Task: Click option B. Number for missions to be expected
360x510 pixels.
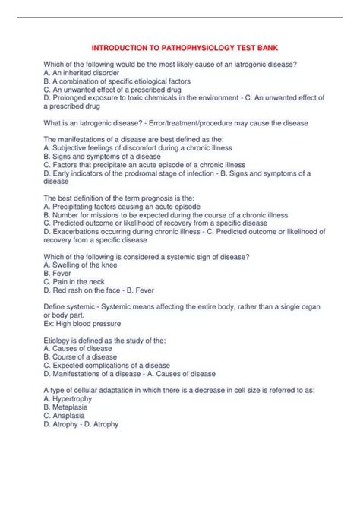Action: tap(166, 215)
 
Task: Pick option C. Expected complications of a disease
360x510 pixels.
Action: tap(107, 365)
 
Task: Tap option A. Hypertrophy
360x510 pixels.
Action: tap(71, 398)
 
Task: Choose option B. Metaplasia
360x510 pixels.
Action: tap(69, 407)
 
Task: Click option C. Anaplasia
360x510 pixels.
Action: tap(69, 415)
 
